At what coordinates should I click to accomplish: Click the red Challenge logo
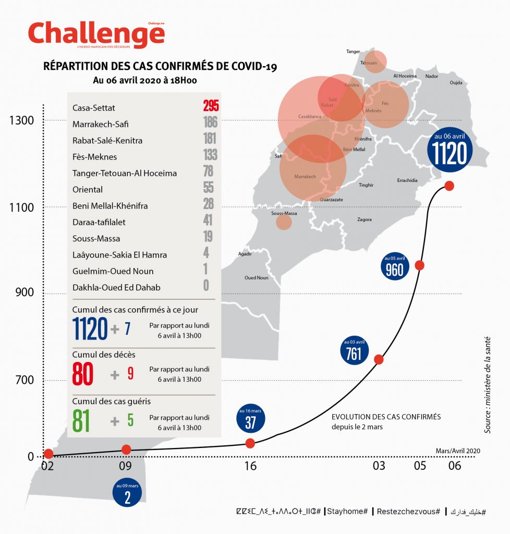96,34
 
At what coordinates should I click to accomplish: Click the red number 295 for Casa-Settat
211,107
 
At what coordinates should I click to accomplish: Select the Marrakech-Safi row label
100,124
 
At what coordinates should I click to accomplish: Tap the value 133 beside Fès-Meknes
210,156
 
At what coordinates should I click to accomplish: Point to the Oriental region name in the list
88,189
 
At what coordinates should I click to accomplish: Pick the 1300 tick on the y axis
21,120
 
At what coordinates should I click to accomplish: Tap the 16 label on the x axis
250,466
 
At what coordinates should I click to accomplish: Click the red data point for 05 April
419,265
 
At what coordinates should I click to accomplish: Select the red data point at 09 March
126,450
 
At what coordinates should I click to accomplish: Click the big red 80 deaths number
83,374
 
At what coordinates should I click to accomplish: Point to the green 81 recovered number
81,421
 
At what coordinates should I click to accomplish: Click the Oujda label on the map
456,82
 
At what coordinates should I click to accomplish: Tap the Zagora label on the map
365,220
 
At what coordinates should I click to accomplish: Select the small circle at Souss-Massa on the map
284,222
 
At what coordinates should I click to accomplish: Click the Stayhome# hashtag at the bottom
348,512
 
